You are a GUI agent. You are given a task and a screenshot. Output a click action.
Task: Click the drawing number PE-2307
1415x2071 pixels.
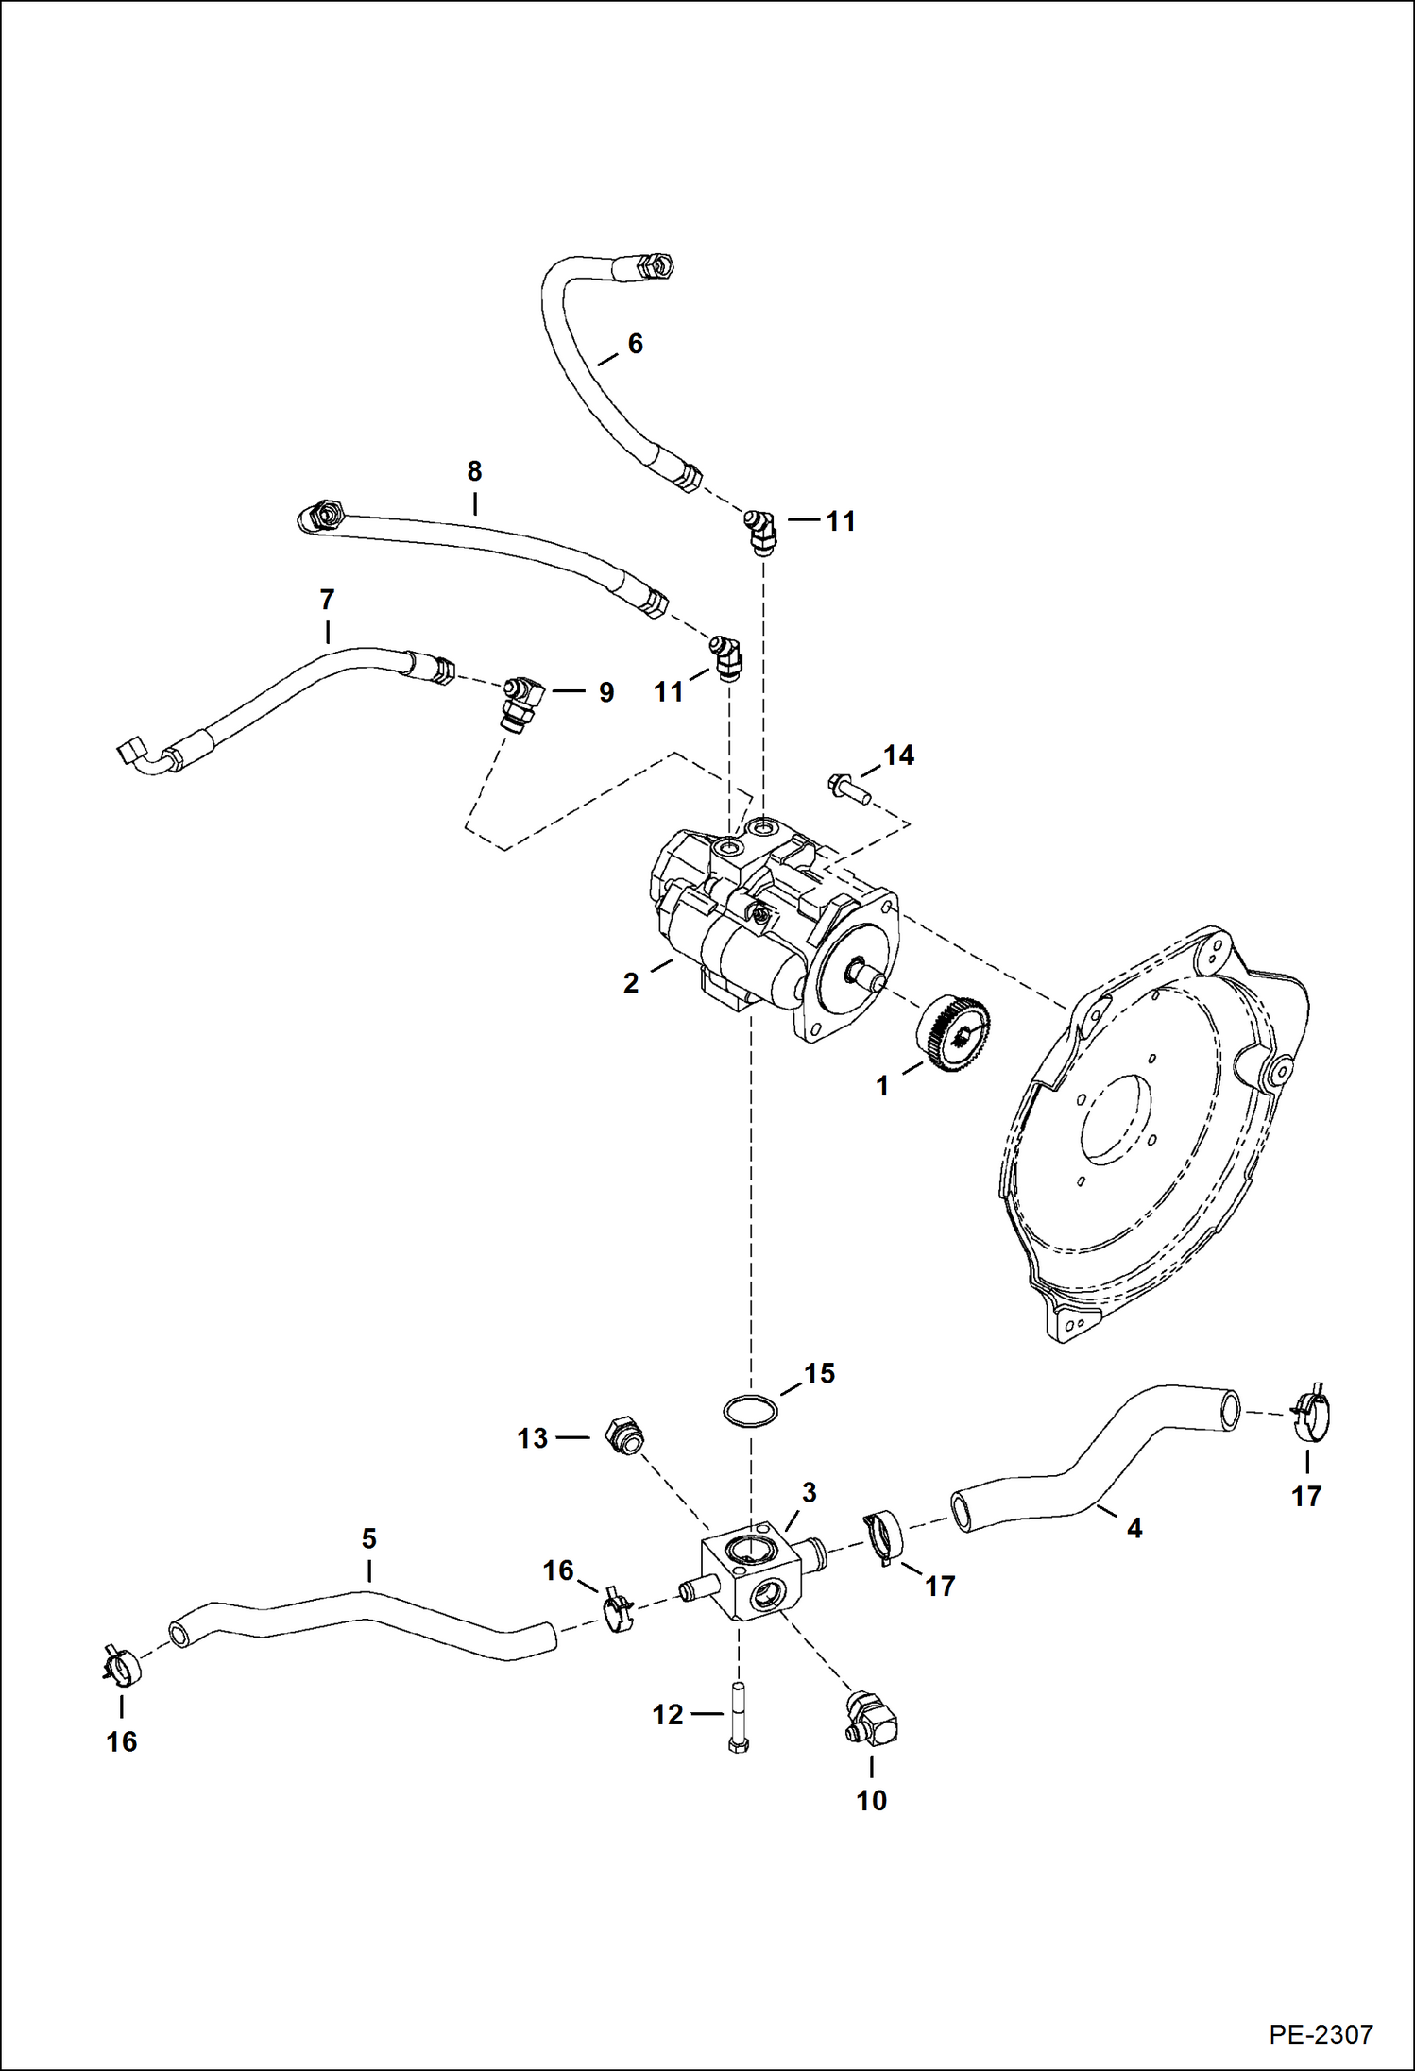[1320, 2033]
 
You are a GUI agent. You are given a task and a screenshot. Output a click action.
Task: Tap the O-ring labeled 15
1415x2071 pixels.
[750, 1411]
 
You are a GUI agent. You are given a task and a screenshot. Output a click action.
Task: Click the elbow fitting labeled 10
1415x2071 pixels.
[872, 1720]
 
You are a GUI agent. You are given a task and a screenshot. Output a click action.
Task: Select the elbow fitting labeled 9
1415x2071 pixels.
[522, 701]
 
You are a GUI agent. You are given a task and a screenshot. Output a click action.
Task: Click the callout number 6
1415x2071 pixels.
[635, 344]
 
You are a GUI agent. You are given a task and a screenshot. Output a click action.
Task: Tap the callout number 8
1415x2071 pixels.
[474, 470]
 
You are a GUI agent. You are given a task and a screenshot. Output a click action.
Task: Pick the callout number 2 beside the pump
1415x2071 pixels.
[631, 983]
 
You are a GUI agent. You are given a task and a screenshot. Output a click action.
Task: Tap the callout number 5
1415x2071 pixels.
[368, 1538]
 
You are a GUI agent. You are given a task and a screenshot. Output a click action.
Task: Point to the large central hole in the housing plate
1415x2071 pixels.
[1117, 1118]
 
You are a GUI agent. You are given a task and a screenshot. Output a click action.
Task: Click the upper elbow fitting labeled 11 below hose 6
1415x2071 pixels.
[759, 532]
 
